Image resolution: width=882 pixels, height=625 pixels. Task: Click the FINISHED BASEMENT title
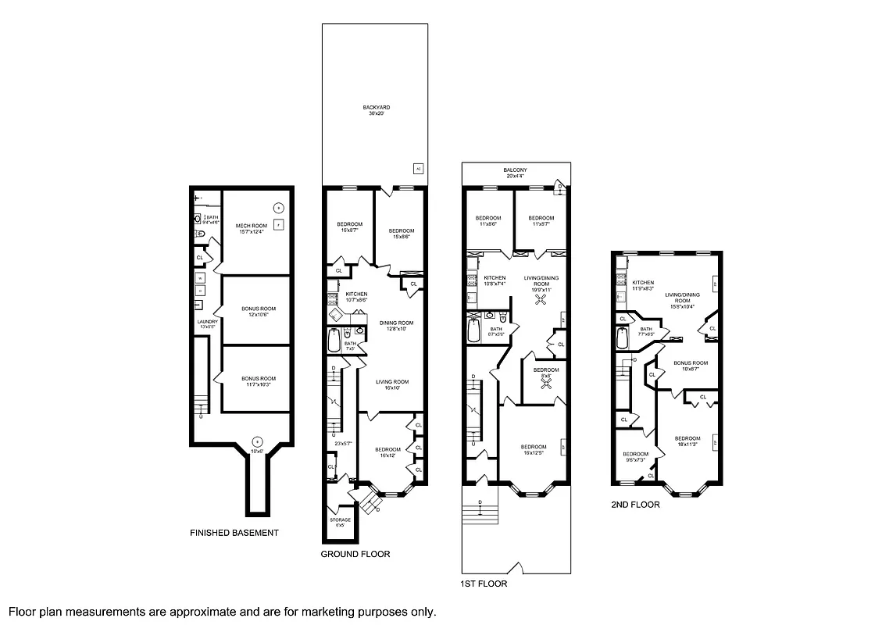point(234,533)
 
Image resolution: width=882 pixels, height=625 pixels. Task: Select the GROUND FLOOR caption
point(355,554)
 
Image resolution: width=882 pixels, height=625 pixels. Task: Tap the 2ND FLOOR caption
point(635,505)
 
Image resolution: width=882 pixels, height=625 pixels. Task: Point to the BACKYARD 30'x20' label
point(376,110)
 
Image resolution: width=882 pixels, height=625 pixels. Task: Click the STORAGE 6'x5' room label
point(340,522)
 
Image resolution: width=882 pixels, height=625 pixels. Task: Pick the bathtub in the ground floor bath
point(334,341)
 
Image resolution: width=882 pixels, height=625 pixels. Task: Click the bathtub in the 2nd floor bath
point(623,338)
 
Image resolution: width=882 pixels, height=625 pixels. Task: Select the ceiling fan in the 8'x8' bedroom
point(546,384)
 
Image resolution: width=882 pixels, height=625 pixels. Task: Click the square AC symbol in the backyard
point(418,168)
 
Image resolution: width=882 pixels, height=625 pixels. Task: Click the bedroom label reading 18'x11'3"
point(687,441)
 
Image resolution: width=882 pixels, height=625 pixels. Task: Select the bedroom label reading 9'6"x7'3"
point(635,457)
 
